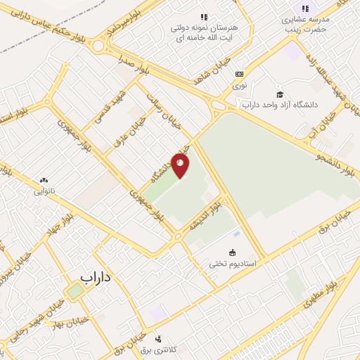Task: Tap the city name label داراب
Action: pyautogui.click(x=96, y=277)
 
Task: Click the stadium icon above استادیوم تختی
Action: pyautogui.click(x=232, y=252)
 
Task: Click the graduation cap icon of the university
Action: pyautogui.click(x=279, y=94)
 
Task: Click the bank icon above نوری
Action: pyautogui.click(x=240, y=73)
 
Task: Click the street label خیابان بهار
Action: pyautogui.click(x=72, y=323)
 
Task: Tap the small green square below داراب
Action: pyautogui.click(x=75, y=290)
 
